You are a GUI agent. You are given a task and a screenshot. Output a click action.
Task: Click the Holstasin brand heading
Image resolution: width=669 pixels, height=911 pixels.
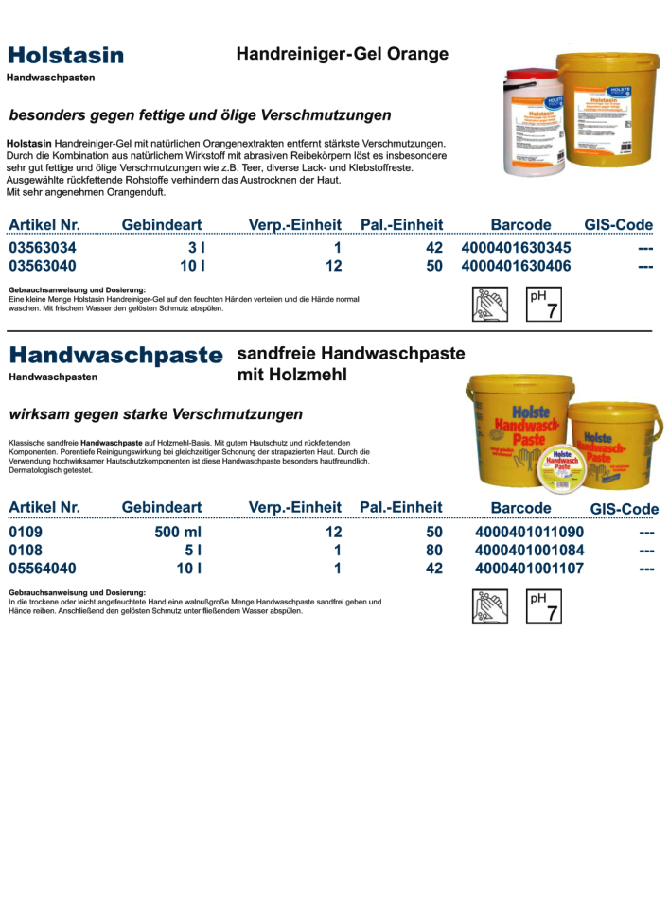tap(65, 55)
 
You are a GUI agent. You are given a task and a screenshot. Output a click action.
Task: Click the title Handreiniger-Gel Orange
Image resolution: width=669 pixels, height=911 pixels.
tap(342, 55)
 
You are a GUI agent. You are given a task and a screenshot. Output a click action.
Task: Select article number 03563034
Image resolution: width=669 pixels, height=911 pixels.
tap(43, 248)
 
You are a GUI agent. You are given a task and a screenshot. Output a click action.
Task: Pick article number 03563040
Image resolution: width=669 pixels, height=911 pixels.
tap(43, 266)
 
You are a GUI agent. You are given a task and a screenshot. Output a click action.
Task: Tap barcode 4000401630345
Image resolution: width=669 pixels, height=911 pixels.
tap(516, 248)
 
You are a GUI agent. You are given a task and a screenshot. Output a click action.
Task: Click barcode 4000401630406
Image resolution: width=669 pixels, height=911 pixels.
tap(516, 266)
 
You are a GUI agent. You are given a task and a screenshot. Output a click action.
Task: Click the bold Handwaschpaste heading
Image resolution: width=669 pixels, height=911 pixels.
tap(115, 356)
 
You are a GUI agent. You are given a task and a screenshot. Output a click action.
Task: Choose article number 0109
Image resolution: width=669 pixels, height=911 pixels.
tap(26, 532)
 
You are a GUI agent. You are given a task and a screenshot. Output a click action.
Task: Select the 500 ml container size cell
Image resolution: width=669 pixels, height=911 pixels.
tap(181, 532)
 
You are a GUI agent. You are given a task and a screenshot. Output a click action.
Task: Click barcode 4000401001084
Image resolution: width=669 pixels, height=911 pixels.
tap(529, 550)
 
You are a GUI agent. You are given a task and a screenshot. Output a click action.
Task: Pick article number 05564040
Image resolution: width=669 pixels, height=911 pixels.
tap(43, 569)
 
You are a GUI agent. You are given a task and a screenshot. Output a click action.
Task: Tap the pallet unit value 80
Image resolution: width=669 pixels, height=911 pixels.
tap(434, 550)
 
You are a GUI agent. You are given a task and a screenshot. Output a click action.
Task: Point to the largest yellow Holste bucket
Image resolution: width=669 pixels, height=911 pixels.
tap(519, 426)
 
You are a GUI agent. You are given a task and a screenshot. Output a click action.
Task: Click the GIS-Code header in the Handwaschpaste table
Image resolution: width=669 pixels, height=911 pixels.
tap(624, 509)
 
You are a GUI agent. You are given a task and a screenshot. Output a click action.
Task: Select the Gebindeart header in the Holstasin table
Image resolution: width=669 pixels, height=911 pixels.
tap(162, 224)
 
